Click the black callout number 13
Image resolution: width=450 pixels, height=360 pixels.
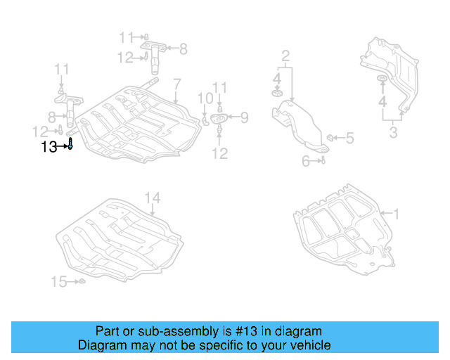pos(49,146)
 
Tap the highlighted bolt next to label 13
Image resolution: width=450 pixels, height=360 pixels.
pos(70,145)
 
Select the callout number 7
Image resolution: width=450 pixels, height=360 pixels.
pos(177,83)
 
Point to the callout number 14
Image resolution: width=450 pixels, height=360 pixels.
pos(153,198)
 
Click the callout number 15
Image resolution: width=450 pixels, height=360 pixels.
pos(58,282)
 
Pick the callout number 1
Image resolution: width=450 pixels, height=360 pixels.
pos(395,212)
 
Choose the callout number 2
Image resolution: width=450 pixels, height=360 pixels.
pos(285,56)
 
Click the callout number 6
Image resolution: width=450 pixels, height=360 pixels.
pos(306,161)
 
